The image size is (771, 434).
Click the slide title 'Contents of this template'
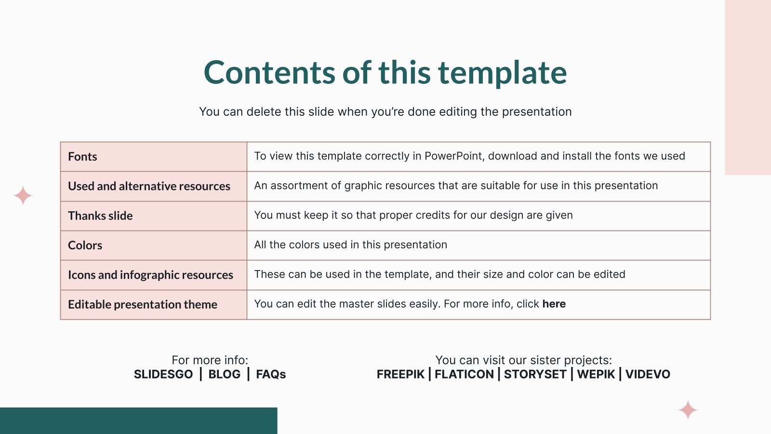[x=385, y=72]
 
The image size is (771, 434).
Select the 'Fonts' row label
[x=82, y=157]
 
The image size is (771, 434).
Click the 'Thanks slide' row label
[x=100, y=216]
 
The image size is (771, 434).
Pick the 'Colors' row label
[x=85, y=245]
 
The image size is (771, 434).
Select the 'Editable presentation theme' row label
[x=143, y=304]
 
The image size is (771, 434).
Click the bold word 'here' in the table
[x=554, y=304]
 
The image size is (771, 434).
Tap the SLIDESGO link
[x=163, y=374]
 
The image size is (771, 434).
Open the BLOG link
[x=225, y=374]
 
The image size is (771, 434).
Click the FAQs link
[x=271, y=374]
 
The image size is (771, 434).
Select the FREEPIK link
[x=400, y=374]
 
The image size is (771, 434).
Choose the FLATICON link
[x=464, y=374]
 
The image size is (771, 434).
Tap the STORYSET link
[x=535, y=374]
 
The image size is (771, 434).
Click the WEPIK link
[x=596, y=374]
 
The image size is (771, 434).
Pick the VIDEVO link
[x=648, y=374]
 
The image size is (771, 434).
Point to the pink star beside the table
[x=23, y=196]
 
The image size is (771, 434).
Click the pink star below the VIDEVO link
[x=688, y=410]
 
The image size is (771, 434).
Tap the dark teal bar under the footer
[x=138, y=420]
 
